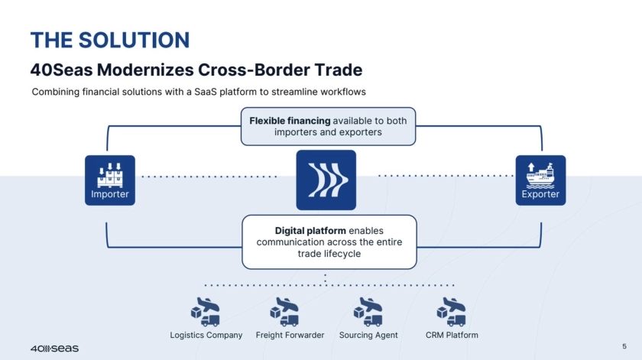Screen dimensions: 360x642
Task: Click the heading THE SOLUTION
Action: (109, 40)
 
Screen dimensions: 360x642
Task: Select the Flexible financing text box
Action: (328, 126)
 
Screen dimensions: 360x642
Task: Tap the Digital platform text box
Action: (329, 242)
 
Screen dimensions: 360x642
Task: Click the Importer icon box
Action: (110, 180)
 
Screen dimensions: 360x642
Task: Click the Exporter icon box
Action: (540, 180)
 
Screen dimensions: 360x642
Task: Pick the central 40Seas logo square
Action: (326, 180)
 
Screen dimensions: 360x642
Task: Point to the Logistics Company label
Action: (206, 336)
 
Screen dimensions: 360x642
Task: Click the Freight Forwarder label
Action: (290, 336)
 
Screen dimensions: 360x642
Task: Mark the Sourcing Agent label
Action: (368, 336)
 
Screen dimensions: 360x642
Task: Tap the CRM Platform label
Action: (452, 336)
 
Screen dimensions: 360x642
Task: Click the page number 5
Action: (624, 346)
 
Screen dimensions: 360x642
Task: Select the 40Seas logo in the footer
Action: (54, 349)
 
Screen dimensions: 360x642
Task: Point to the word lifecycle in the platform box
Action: (329, 254)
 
